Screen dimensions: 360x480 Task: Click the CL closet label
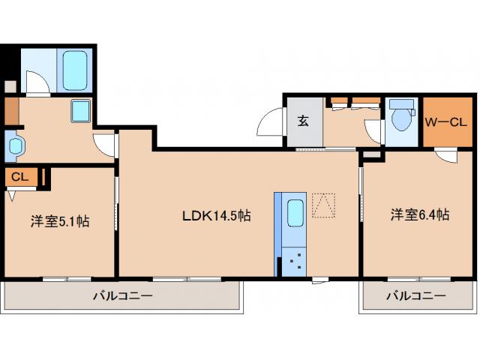[20, 177]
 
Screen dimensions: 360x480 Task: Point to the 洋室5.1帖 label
[60, 221]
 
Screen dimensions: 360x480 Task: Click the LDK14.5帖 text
[217, 215]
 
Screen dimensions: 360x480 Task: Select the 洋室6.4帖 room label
[419, 215]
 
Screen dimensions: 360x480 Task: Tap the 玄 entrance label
[303, 121]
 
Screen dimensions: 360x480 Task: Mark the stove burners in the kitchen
[295, 262]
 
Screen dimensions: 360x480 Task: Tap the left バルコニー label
[123, 296]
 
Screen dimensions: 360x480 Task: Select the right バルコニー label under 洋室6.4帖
[416, 296]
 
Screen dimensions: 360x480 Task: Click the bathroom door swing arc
[35, 81]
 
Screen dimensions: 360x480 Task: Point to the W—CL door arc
[446, 155]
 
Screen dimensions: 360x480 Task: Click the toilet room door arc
[374, 133]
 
